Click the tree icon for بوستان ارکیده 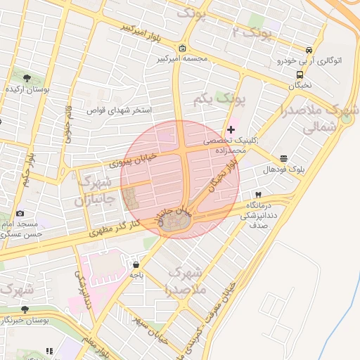point(27,77)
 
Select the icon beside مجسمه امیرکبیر point(183,49)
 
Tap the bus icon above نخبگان point(300,74)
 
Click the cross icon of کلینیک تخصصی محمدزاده point(231,129)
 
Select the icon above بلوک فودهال point(283,159)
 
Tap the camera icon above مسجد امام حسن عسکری point(20,213)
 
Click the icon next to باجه point(136,265)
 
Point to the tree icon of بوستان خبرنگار point(25,309)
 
